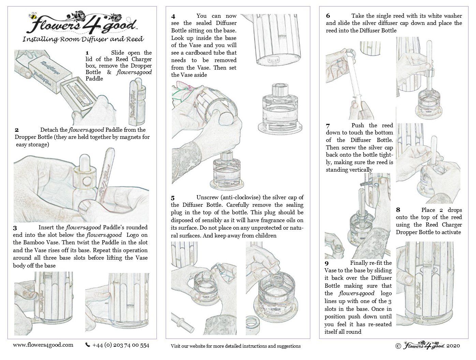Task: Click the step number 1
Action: pos(87,53)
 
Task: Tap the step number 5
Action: pos(173,198)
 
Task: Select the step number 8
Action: pos(398,210)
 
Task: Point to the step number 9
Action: pos(327,263)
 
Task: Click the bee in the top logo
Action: pos(33,16)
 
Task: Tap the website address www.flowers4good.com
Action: pos(43,345)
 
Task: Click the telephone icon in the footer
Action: pos(88,345)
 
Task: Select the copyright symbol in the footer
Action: pos(398,346)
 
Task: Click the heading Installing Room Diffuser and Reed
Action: pos(83,39)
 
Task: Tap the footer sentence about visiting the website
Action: pos(236,346)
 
